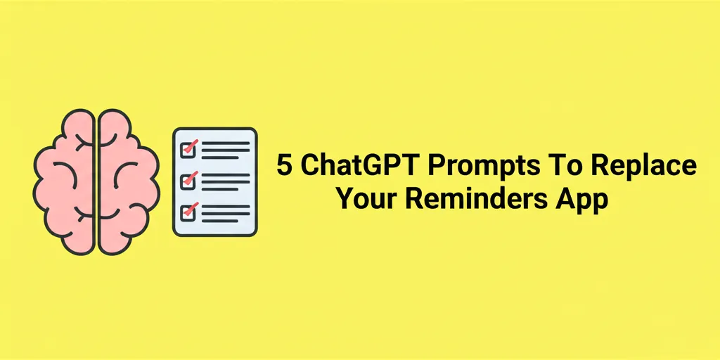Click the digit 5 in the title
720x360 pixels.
283,167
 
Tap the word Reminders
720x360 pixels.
478,199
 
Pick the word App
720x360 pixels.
581,200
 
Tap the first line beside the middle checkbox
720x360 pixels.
226,174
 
